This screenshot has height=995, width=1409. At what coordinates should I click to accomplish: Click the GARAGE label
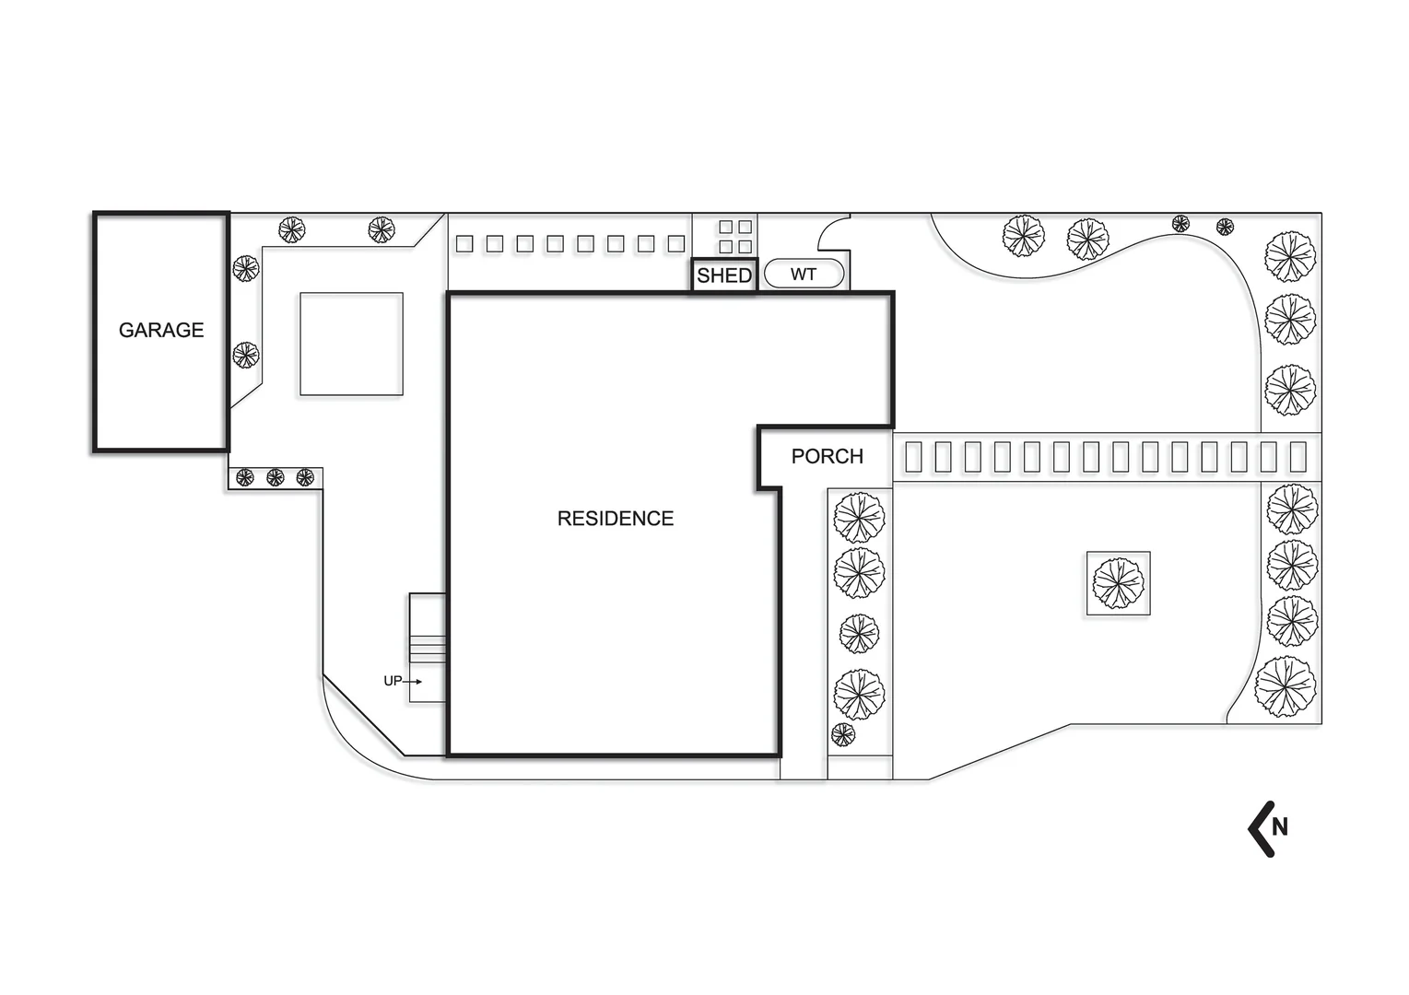click(161, 330)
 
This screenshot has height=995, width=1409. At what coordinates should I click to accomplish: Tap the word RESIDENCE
click(616, 519)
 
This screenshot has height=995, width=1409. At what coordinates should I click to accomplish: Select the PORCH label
click(828, 456)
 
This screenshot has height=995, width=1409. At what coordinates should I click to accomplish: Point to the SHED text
click(724, 275)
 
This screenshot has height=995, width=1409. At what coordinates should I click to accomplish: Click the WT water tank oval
click(804, 275)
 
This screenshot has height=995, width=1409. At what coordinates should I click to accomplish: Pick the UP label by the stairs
click(393, 681)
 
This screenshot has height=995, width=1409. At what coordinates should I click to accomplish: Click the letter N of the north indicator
click(1279, 826)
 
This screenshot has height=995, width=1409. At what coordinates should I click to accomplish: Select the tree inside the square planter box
click(1118, 584)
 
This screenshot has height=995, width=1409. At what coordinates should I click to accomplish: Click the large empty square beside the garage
click(351, 344)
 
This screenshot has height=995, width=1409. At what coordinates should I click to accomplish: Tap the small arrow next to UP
click(412, 681)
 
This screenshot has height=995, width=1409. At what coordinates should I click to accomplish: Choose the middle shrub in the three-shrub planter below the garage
click(275, 477)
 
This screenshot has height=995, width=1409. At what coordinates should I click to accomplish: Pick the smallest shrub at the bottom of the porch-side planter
click(843, 734)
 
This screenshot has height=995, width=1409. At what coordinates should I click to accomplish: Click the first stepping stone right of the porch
click(913, 457)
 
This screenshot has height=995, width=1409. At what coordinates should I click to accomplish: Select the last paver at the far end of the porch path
click(1298, 457)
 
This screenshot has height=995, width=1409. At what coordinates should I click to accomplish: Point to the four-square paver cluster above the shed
click(735, 237)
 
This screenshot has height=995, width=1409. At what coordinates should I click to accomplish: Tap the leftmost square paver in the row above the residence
click(464, 244)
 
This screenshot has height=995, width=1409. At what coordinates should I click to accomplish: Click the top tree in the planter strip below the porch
click(859, 518)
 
